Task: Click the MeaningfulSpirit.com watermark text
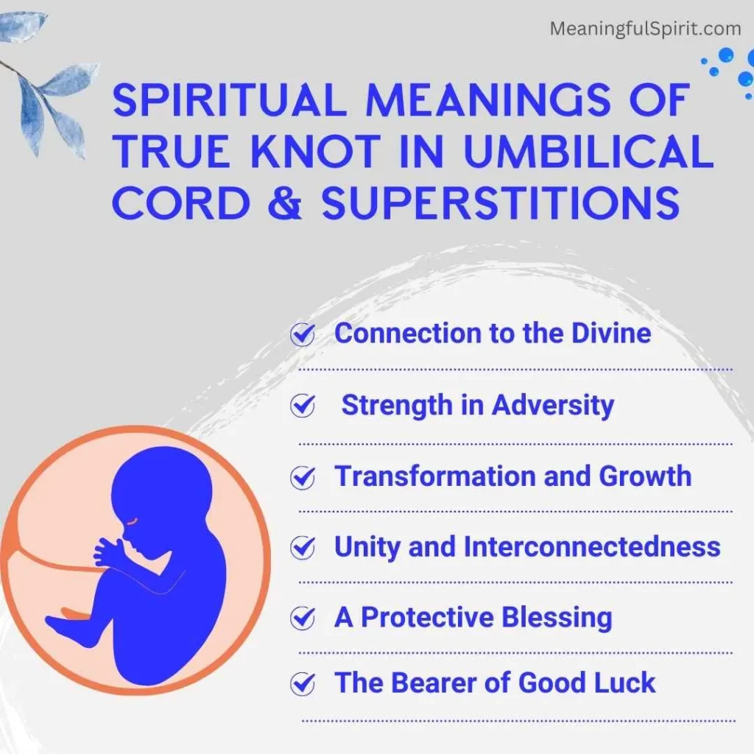[646, 29]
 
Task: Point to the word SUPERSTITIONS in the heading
[501, 202]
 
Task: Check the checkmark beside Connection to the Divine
[302, 335]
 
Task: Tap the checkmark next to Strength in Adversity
[302, 406]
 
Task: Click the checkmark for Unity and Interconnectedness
[302, 549]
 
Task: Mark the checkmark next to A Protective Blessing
[302, 619]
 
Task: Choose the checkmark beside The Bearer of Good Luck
[302, 685]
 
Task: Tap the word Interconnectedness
[591, 546]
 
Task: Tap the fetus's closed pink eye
[131, 520]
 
